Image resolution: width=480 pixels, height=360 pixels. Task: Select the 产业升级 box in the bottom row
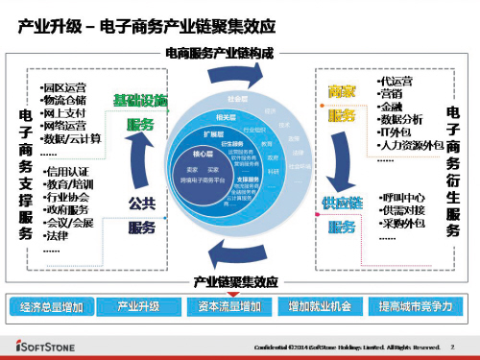pos(138,306)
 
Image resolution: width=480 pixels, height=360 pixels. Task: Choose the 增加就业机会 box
pos(321,306)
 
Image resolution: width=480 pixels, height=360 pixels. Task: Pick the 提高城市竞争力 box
pos(415,306)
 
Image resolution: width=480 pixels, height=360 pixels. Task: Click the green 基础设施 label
pos(140,100)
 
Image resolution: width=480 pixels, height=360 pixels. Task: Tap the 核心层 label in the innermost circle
pos(202,153)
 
